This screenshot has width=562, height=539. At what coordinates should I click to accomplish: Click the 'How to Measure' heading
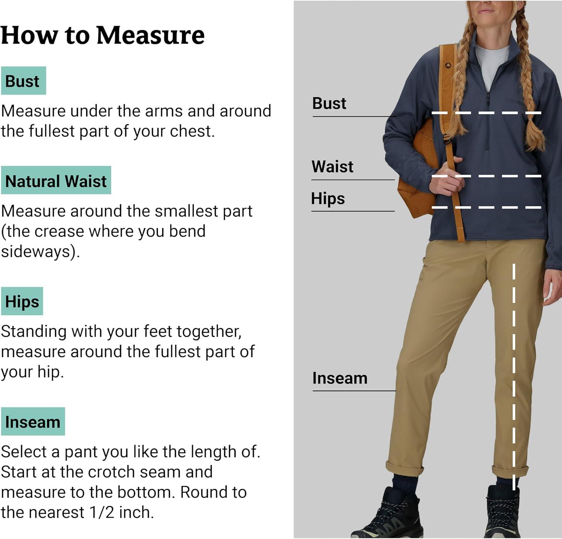click(x=103, y=35)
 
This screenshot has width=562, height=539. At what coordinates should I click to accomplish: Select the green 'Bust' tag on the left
click(x=23, y=81)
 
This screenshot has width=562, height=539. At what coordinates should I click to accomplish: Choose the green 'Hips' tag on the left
click(x=22, y=301)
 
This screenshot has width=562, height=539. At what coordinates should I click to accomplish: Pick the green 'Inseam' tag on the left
click(x=33, y=421)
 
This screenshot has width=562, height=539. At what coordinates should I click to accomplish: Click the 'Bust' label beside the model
click(x=329, y=103)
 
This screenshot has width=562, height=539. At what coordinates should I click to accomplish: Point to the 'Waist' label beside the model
click(x=332, y=167)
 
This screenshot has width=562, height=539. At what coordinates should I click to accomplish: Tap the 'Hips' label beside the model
click(x=328, y=198)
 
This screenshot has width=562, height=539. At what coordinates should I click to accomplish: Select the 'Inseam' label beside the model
click(x=340, y=378)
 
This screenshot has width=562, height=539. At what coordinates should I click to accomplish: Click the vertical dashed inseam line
click(x=514, y=377)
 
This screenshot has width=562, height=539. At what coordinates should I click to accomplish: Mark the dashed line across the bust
click(x=486, y=113)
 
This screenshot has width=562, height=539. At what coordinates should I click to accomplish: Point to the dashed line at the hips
click(x=486, y=207)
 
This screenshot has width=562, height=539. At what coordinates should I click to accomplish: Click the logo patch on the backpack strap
click(x=448, y=66)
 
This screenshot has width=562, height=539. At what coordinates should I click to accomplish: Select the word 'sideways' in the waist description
click(x=36, y=251)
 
